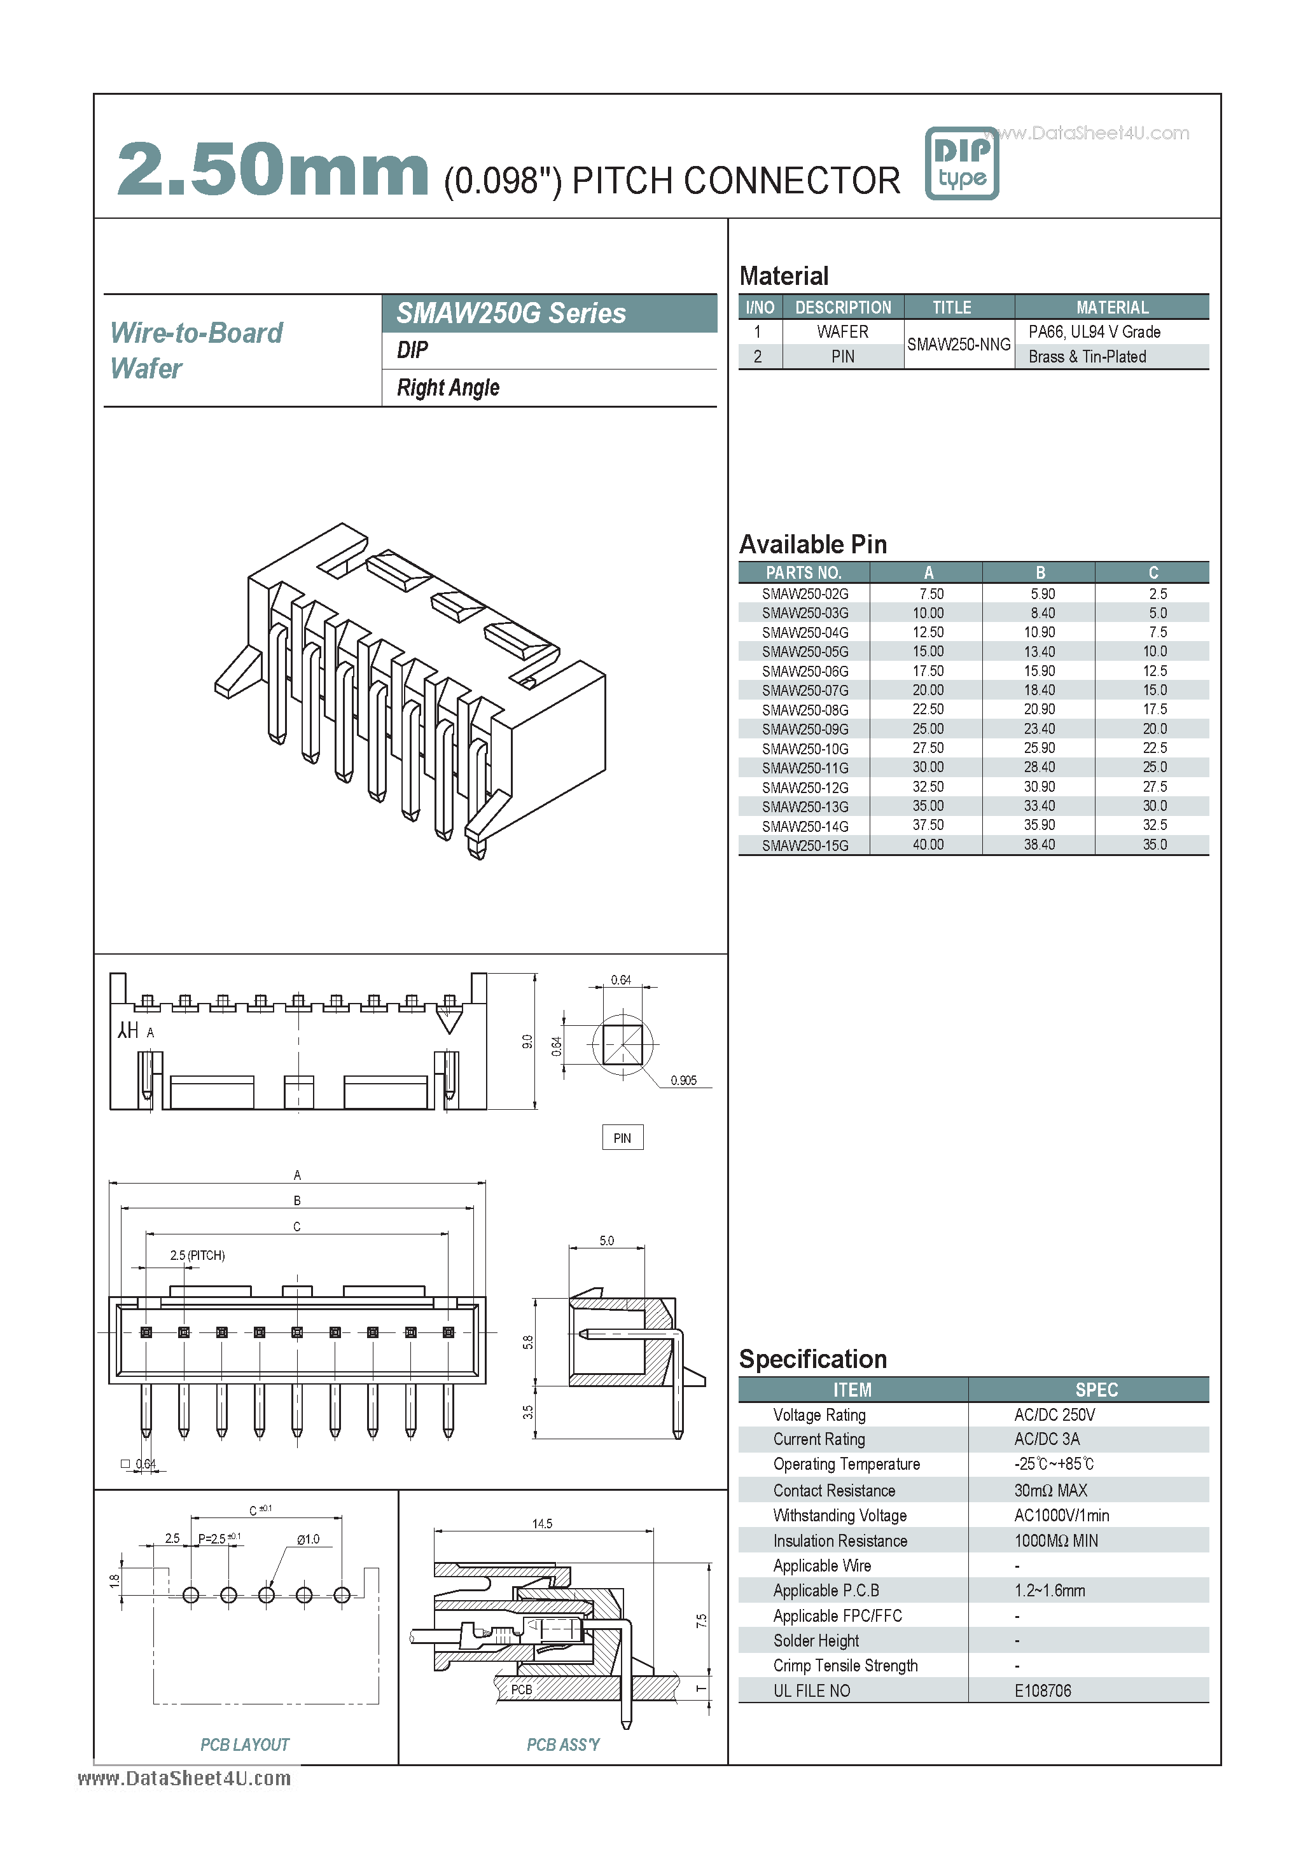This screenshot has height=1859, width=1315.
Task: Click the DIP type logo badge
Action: coord(961,163)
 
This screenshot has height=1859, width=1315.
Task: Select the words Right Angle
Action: coord(448,388)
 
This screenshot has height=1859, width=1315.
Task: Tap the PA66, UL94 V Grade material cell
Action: coord(1094,332)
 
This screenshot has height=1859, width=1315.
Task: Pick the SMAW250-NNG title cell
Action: coord(959,344)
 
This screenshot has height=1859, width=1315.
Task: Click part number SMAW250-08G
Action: coord(805,710)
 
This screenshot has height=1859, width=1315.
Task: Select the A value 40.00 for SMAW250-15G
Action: coord(928,845)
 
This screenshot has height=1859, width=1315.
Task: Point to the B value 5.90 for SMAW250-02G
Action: coord(1042,593)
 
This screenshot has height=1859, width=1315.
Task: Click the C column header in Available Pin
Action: coord(1153,572)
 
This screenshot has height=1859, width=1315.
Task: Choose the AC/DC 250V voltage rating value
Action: coord(1054,1414)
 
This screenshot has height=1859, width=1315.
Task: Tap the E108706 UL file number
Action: coord(1042,1690)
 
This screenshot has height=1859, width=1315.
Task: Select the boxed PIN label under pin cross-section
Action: coord(622,1138)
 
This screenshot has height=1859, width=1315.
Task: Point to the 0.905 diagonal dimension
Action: coord(683,1080)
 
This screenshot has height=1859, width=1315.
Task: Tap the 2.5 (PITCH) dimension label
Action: coord(197,1255)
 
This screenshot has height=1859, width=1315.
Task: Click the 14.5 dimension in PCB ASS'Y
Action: coord(541,1524)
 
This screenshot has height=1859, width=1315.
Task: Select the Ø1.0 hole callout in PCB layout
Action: coord(308,1538)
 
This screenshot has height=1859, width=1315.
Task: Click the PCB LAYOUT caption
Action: coord(244,1745)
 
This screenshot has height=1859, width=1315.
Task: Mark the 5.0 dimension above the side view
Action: coord(606,1240)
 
